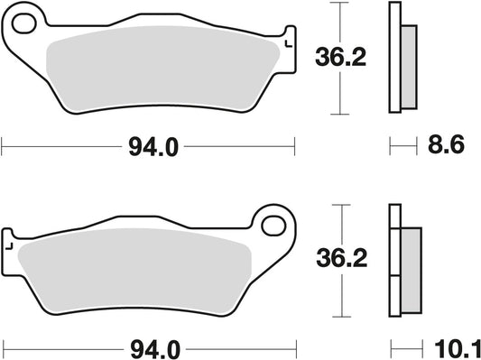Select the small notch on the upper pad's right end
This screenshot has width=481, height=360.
(x=288, y=42)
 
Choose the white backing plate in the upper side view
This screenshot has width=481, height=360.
(x=394, y=59)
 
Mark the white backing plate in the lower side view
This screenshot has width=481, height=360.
(x=394, y=262)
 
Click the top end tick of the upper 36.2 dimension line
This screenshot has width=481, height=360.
(x=338, y=4)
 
